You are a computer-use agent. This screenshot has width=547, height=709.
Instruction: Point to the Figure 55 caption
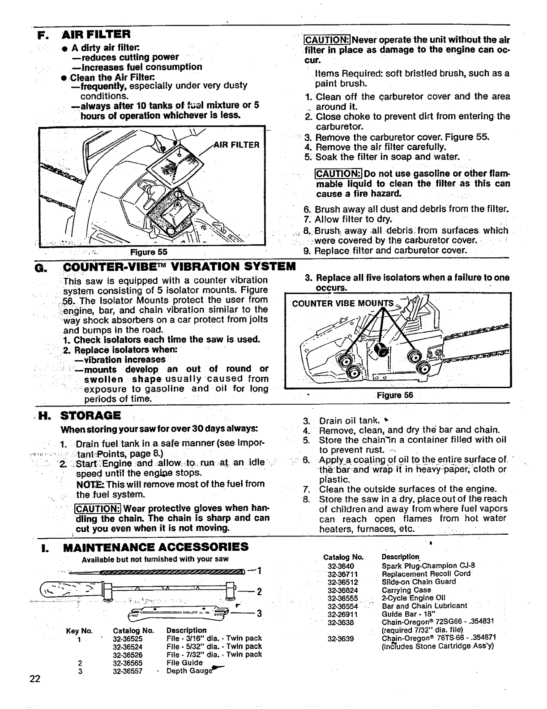(x=149, y=252)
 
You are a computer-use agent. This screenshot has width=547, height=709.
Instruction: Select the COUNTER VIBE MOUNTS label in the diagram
(x=343, y=303)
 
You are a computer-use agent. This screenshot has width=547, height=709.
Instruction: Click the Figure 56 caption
(x=395, y=395)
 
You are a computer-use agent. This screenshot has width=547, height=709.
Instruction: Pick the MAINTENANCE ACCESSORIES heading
(x=155, y=547)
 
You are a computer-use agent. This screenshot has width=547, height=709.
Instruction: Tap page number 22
(x=35, y=679)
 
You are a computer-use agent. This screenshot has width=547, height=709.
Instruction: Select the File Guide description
(x=184, y=663)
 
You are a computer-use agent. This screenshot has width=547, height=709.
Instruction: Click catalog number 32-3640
(x=341, y=566)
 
